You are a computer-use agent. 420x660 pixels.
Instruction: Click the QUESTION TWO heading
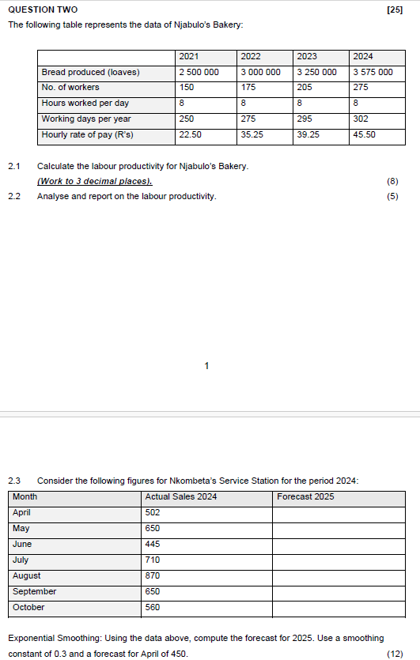coord(43,9)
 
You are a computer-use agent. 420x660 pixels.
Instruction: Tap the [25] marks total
coord(395,9)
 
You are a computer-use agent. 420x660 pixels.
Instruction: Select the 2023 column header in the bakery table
coord(307,56)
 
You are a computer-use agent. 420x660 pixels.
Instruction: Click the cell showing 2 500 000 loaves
coord(199,72)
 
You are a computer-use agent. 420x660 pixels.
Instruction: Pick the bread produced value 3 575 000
coord(373,72)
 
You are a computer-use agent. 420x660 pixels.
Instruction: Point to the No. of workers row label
coord(71,88)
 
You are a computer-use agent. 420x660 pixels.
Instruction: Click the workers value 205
coord(306,88)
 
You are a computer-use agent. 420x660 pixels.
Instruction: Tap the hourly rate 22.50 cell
coord(190,134)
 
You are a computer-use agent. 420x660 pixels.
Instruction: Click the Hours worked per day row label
coord(85,103)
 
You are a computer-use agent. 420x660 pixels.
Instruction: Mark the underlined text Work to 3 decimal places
coord(94,181)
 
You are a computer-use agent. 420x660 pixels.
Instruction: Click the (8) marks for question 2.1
coord(393,181)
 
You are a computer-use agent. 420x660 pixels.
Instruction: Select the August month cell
coord(27,575)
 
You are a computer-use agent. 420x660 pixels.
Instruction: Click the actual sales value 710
coord(153,560)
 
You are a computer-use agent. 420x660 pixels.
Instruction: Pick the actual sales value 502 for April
coord(153,512)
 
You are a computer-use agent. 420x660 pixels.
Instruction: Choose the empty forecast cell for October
coord(338,608)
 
